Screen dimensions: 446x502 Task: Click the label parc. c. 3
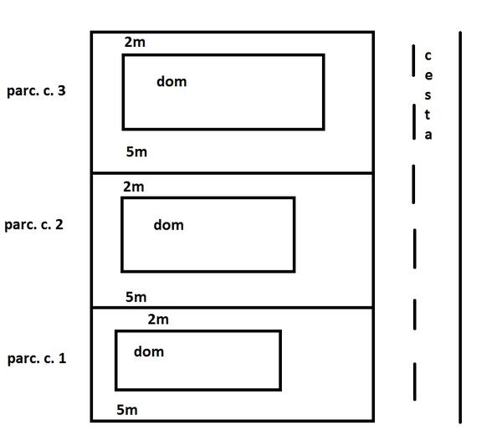pyautogui.click(x=35, y=90)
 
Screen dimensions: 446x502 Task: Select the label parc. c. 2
pyautogui.click(x=33, y=224)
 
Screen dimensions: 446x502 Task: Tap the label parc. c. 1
pyautogui.click(x=36, y=358)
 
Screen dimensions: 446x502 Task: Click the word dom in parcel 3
pyautogui.click(x=172, y=81)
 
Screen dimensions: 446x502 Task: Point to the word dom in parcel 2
pyautogui.click(x=168, y=224)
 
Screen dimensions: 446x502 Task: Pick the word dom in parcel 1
pyautogui.click(x=149, y=351)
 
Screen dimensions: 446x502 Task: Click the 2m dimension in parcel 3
pyautogui.click(x=135, y=42)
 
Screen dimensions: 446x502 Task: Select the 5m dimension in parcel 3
pyautogui.click(x=136, y=151)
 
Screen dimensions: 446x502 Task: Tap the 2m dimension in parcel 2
pyautogui.click(x=134, y=187)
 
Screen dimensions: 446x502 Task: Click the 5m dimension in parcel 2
pyautogui.click(x=136, y=296)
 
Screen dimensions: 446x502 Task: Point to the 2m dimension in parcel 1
pyautogui.click(x=158, y=319)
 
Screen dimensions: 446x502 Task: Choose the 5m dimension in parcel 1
pyautogui.click(x=126, y=409)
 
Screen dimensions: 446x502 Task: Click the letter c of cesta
pyautogui.click(x=428, y=56)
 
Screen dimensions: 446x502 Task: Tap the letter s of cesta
pyautogui.click(x=428, y=95)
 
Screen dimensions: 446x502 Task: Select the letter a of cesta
pyautogui.click(x=428, y=135)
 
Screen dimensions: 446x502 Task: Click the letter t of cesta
pyautogui.click(x=428, y=115)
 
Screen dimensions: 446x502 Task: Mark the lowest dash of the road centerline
pyautogui.click(x=414, y=382)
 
